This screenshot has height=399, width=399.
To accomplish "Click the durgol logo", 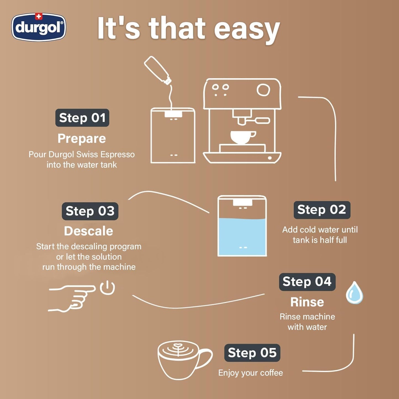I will point(39,28).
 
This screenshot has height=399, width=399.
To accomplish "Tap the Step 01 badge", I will point(82,118).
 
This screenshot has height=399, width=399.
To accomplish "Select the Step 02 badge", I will point(322,210).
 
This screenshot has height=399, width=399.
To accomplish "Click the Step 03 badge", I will point(90,211).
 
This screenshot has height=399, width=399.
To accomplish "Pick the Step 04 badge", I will point(307,282).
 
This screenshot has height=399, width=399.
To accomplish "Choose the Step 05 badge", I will point(252,353).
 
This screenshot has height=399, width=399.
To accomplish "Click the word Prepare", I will point(82,138).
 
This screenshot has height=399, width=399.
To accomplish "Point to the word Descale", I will point(88,231).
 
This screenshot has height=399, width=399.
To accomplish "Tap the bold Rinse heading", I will point(307,302).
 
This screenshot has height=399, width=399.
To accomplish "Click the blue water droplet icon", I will point(354,293).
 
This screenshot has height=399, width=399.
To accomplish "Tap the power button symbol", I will point(107,288).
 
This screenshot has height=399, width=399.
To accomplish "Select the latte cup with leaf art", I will point(182,359).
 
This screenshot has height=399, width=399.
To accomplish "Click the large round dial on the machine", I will point(263,90).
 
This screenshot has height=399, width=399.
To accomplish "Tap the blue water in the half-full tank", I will point(242,236).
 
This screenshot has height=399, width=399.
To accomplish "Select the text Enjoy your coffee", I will point(250,373).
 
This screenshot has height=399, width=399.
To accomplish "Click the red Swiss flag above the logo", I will point(39,17).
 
